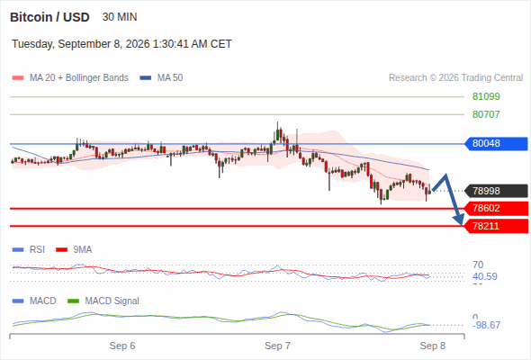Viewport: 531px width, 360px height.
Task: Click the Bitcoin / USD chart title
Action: tap(49, 17)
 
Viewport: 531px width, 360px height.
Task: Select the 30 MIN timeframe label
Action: tap(120, 17)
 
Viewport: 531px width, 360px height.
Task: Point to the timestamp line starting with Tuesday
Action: tap(121, 44)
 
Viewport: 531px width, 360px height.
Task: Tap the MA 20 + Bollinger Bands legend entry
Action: tap(70, 78)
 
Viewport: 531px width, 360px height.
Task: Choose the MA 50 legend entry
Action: tap(161, 78)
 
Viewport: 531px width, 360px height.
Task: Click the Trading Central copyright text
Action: tap(455, 78)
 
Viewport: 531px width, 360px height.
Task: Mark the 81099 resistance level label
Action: tap(486, 97)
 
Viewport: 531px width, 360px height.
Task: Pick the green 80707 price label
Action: tap(486, 114)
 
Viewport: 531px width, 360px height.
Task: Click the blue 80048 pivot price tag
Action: tap(496, 144)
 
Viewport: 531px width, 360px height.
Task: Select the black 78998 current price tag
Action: tap(496, 191)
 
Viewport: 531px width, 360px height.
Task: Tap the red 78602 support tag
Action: tap(496, 208)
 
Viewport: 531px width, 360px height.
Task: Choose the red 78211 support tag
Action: tap(496, 226)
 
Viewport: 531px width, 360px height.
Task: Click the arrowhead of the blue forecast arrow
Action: tap(460, 220)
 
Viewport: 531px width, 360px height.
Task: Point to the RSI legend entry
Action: tap(29, 250)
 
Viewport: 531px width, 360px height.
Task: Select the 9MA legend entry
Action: tap(74, 250)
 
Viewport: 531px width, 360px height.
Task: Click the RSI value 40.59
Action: tap(485, 276)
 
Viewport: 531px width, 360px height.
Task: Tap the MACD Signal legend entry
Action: tap(103, 301)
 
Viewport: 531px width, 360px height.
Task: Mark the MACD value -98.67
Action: tap(486, 326)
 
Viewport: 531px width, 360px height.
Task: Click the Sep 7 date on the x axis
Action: tap(278, 346)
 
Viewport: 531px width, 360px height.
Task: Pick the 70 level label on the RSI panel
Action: tap(478, 265)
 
